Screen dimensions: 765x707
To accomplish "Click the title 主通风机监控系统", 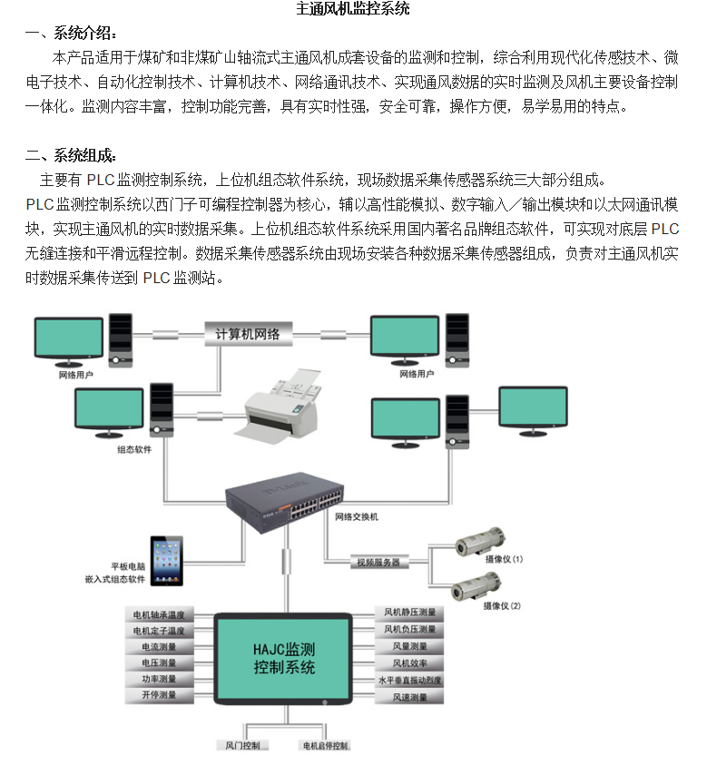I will tap(353, 10).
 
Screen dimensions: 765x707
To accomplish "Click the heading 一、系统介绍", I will tap(72, 34).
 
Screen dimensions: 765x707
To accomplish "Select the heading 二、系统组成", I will tap(72, 155).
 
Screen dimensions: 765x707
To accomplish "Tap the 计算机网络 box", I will tap(248, 334).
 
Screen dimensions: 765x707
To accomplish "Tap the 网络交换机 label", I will tap(357, 516).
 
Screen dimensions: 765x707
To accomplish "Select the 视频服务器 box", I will tap(378, 563).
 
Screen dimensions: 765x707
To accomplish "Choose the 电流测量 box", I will tap(159, 647).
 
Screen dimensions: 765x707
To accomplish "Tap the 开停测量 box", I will tap(159, 695).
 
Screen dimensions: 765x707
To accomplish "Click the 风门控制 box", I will tap(242, 745).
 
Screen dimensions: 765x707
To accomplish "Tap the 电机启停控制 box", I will tap(324, 745).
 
